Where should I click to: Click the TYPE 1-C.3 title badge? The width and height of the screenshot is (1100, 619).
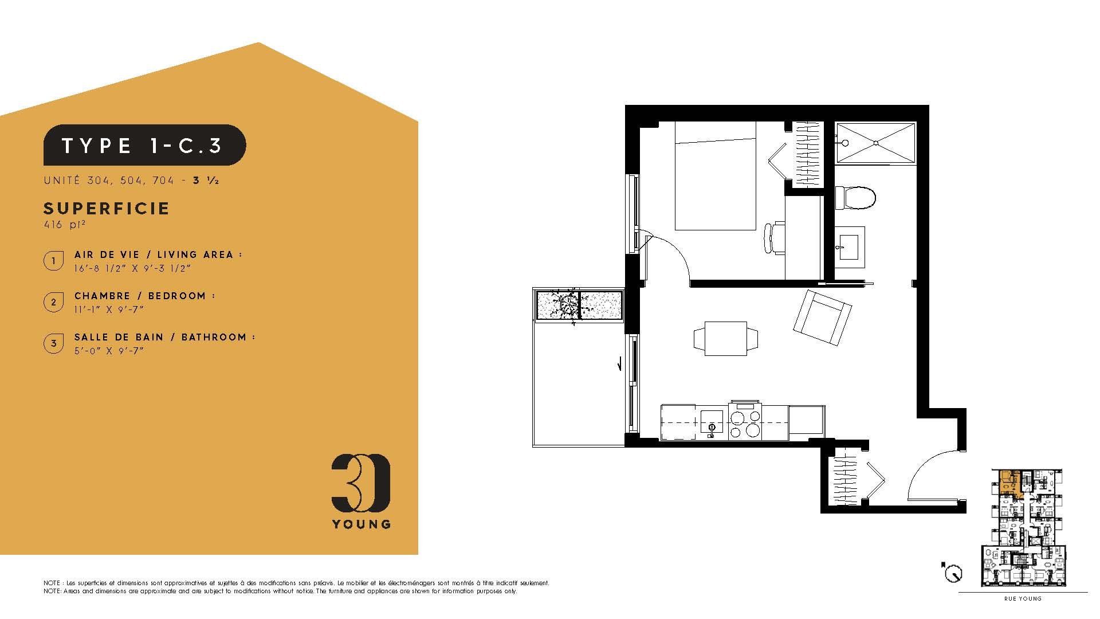(145, 145)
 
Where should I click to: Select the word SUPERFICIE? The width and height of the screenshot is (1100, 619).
(107, 209)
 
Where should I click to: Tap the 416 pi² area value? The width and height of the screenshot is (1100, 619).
(64, 225)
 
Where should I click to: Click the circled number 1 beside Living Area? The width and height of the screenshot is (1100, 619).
(53, 261)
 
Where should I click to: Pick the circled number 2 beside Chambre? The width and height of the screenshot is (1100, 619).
(53, 302)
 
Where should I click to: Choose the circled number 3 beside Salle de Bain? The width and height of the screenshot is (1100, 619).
(53, 344)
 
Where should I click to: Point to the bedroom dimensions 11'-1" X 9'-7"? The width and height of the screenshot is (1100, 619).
(109, 309)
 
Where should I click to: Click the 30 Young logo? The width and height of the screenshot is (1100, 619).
(361, 491)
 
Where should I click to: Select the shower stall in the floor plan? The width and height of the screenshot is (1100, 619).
(875, 143)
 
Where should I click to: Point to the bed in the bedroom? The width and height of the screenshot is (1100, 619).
(715, 176)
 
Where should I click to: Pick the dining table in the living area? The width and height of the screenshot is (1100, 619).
(726, 339)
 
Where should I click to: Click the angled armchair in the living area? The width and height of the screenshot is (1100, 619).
(822, 318)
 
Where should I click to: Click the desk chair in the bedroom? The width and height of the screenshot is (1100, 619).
(775, 238)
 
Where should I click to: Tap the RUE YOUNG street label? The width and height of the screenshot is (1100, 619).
(1023, 599)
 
